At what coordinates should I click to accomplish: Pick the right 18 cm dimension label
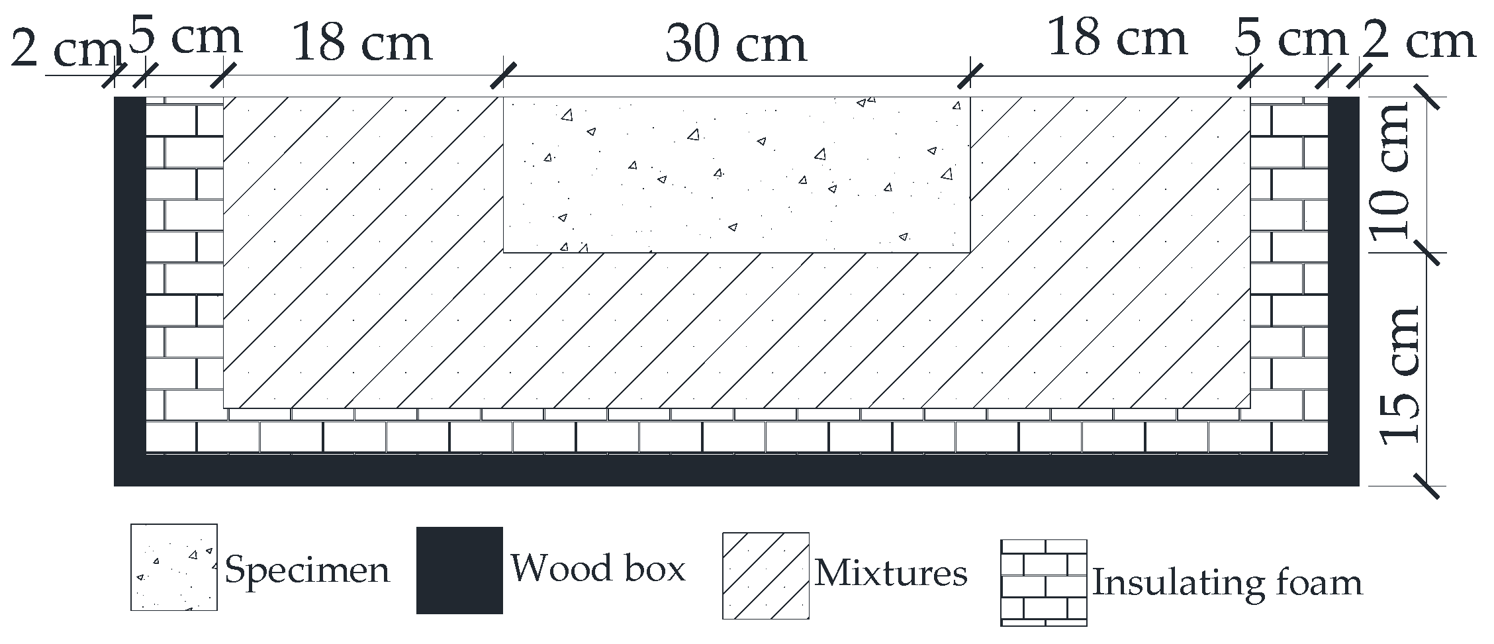(x=1117, y=37)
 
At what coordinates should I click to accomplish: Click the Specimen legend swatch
(x=174, y=567)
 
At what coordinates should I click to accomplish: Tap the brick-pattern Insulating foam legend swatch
(x=1043, y=582)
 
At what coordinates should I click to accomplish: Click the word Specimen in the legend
(x=307, y=570)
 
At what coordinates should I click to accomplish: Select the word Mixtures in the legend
(x=891, y=573)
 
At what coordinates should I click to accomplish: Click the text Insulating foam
(x=1227, y=583)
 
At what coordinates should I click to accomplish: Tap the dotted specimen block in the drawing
(x=736, y=175)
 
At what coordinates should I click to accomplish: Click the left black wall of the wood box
(x=130, y=278)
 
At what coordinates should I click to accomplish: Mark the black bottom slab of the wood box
(x=736, y=471)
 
